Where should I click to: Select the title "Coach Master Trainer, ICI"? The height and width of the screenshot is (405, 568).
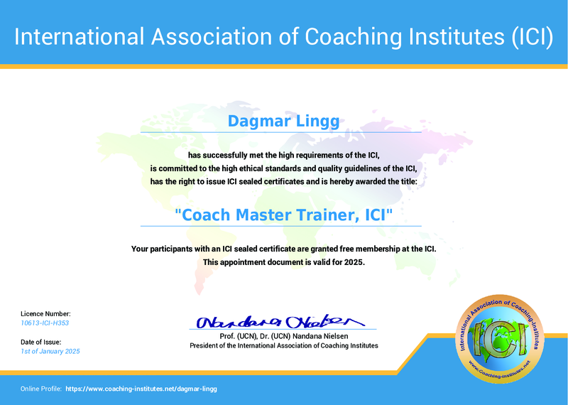point(283,214)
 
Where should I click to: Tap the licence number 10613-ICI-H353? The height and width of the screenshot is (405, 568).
point(45,323)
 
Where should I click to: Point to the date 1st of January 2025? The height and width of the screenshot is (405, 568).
point(50,352)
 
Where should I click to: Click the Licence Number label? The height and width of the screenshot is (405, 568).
point(45,313)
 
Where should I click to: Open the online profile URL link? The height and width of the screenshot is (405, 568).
point(141,389)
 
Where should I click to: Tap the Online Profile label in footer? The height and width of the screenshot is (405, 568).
point(40,389)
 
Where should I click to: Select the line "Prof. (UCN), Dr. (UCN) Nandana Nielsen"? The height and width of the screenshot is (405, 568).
point(283,335)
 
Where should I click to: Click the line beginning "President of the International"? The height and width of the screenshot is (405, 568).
point(283,345)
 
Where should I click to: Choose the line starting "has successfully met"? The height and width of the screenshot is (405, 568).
point(283,155)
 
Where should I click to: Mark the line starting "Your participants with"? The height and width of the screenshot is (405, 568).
point(283,249)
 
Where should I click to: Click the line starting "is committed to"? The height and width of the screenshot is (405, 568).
point(283,168)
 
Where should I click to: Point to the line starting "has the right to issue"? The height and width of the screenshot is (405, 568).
point(283,182)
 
